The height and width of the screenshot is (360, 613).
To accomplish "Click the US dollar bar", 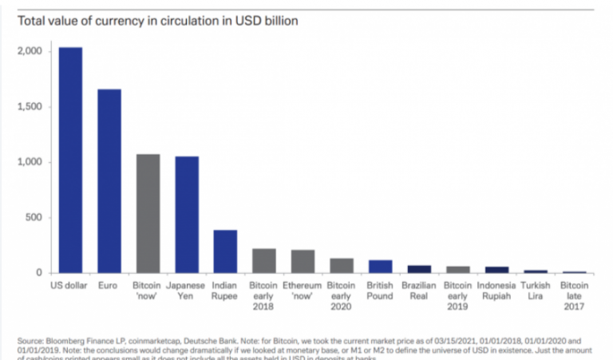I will (69, 160).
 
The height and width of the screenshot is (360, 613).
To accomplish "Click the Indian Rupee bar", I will (225, 251).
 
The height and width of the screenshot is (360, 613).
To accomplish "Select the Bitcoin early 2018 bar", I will (264, 261).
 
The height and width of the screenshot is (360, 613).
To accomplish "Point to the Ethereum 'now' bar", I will (303, 262).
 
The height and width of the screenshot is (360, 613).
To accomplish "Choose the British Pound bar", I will (380, 267).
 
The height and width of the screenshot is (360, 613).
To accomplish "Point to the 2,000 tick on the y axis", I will (29, 52).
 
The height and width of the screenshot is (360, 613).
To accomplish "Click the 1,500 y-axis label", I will (29, 107).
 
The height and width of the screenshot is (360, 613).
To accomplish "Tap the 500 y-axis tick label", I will (33, 217).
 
